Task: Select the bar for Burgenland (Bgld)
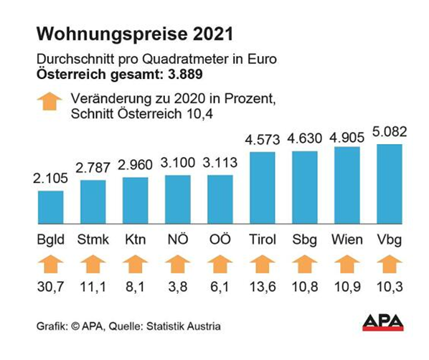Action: click(50, 207)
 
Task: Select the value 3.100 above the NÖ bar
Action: click(177, 164)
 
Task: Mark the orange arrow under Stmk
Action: click(93, 266)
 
